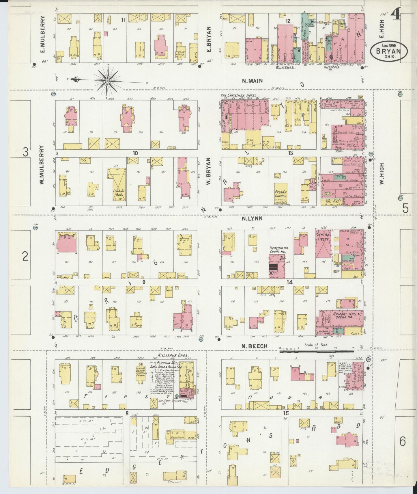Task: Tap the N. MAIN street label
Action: pos(252,81)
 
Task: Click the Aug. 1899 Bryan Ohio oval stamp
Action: pos(389,51)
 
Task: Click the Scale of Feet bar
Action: pos(316,351)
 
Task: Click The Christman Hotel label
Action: pos(240,96)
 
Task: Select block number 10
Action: pos(135,153)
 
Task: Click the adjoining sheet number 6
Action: pos(403,441)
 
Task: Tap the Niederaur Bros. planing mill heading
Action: pos(173,355)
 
